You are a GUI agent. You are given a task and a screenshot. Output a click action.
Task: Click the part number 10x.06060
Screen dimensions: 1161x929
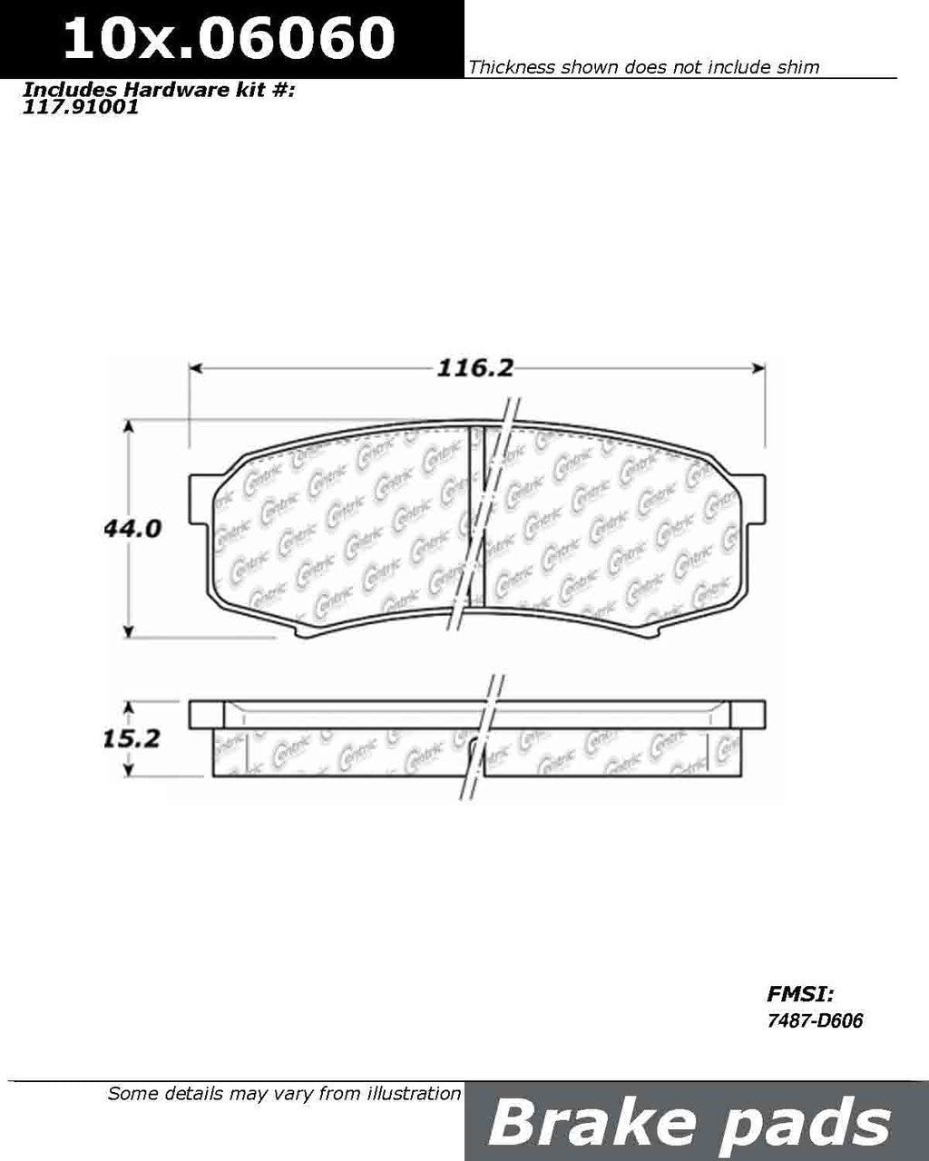229,38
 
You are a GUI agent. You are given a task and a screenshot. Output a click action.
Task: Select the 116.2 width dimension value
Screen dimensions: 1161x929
475,368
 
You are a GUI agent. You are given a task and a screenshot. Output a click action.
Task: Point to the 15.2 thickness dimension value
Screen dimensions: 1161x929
132,737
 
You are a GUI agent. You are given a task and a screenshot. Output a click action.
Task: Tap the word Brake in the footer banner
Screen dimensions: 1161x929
580,1123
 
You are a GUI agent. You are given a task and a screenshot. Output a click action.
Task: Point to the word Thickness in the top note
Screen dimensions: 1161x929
511,66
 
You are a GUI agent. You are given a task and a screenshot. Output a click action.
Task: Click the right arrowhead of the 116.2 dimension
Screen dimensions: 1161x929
760,368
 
